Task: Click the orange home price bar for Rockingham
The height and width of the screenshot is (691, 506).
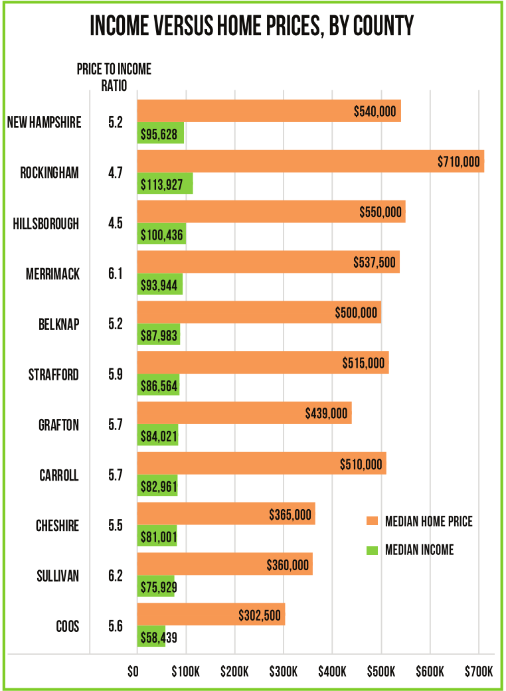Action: [x=310, y=161]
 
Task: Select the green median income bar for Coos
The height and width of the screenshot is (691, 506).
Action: [x=151, y=636]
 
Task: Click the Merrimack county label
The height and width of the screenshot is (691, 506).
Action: [x=54, y=274]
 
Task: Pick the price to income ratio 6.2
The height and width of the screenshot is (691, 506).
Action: [x=116, y=576]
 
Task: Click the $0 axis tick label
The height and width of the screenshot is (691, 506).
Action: [x=134, y=672]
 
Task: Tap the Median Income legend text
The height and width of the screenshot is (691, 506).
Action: [x=420, y=550]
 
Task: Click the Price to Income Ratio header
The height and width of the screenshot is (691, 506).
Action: [x=114, y=77]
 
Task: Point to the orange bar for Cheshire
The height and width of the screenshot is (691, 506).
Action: [x=226, y=514]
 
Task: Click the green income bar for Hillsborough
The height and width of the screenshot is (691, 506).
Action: [x=161, y=234]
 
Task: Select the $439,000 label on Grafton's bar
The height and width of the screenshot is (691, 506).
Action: [x=326, y=414]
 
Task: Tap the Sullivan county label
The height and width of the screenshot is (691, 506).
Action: [x=57, y=576]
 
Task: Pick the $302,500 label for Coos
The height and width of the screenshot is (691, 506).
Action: [x=260, y=615]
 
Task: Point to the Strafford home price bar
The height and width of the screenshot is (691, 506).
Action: [x=262, y=363]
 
